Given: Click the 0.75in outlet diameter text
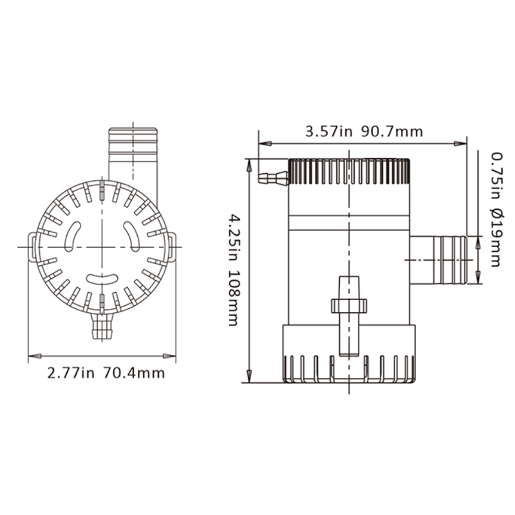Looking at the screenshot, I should pos(495,174).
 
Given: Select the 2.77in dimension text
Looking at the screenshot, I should pos(71,373).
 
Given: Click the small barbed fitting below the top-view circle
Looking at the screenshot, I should pos(102,327).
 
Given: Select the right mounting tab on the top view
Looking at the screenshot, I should pos(172,246).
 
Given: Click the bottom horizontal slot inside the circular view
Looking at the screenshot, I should pos(102,278).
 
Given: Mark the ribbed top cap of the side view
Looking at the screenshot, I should pos(349,171).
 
